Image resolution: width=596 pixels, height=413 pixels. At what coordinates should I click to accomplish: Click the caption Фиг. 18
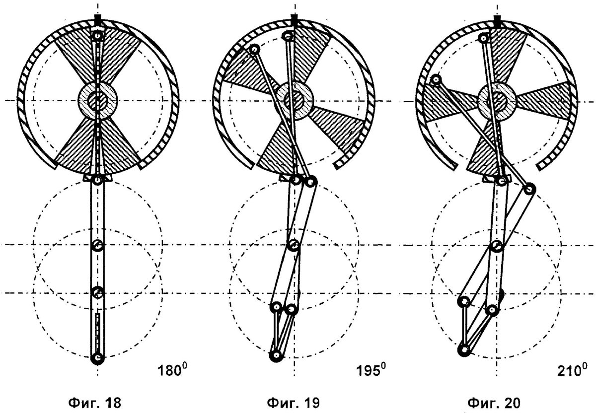click(94, 403)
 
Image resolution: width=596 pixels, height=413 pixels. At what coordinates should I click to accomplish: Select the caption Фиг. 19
click(293, 403)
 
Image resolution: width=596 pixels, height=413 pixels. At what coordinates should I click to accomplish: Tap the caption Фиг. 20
click(494, 403)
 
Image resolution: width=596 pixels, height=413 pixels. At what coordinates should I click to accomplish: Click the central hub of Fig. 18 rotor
click(98, 100)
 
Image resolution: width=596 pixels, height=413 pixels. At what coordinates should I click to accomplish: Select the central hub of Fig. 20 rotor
click(497, 101)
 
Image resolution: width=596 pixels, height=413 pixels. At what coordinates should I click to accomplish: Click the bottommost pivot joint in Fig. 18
click(97, 358)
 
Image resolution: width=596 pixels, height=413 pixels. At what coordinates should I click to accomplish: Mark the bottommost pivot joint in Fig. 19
click(276, 355)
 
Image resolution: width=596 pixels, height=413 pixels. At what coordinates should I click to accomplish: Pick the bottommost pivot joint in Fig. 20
click(464, 349)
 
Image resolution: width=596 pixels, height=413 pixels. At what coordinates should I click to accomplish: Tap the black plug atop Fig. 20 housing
click(497, 22)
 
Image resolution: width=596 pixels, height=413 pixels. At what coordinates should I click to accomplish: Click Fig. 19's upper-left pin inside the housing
click(255, 49)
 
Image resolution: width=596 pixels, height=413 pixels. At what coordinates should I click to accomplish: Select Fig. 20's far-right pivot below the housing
click(529, 189)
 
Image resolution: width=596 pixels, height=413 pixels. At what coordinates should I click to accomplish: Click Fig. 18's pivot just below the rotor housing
click(98, 180)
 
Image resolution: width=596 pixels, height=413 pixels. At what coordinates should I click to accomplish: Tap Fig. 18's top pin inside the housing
click(98, 35)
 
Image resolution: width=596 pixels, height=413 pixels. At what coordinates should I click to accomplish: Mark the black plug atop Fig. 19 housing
click(294, 21)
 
